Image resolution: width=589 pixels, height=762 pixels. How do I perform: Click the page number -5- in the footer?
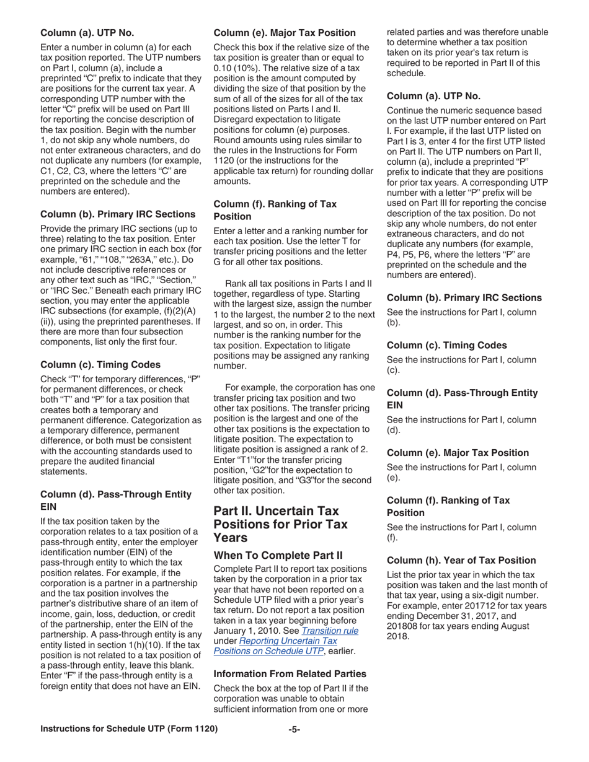(x=294, y=729)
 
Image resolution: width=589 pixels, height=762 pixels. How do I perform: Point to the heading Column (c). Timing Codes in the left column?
(x=100, y=364)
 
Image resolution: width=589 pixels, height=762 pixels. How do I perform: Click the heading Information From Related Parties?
(x=290, y=673)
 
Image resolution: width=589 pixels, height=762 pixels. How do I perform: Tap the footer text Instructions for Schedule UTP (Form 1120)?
(x=129, y=729)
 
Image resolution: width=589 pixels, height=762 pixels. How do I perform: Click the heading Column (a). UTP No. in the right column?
(x=433, y=96)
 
